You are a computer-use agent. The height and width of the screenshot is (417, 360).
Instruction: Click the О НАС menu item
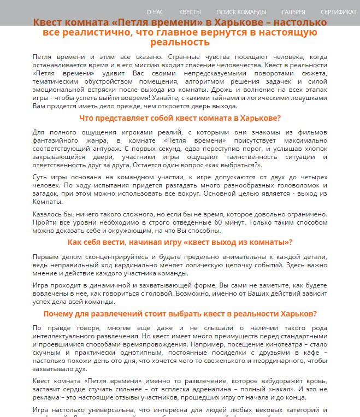155,11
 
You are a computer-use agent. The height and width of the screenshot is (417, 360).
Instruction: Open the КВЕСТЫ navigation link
190,11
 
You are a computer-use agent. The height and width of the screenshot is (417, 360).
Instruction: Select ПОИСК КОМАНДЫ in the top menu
241,11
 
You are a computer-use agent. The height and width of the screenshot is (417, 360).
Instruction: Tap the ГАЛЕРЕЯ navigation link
293,11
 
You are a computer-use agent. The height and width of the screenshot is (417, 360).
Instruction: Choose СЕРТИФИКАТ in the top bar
339,11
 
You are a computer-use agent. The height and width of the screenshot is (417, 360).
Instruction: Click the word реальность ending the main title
180,43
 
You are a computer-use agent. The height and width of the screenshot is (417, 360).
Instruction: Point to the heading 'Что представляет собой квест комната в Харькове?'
180,119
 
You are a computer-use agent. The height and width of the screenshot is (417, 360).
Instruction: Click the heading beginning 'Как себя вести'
180,243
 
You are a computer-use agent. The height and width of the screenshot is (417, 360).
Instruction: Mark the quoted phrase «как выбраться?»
236,165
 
